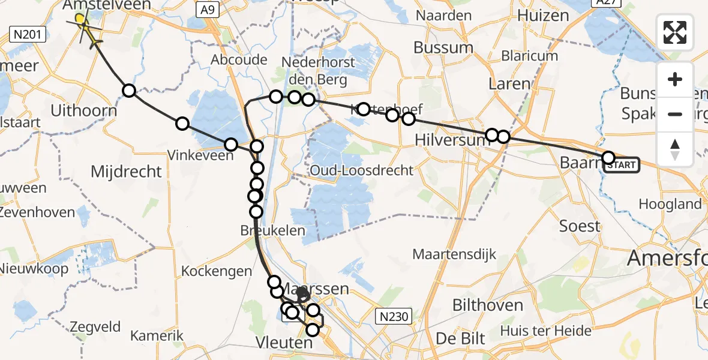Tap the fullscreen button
tap(675, 32)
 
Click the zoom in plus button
tap(675, 79)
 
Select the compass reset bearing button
tap(675, 149)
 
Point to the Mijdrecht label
tap(126, 172)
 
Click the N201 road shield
tap(29, 35)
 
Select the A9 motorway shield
tap(207, 10)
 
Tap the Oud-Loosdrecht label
tap(362, 170)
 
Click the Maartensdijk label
tap(454, 254)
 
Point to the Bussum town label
tap(443, 47)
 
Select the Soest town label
tap(580, 226)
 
